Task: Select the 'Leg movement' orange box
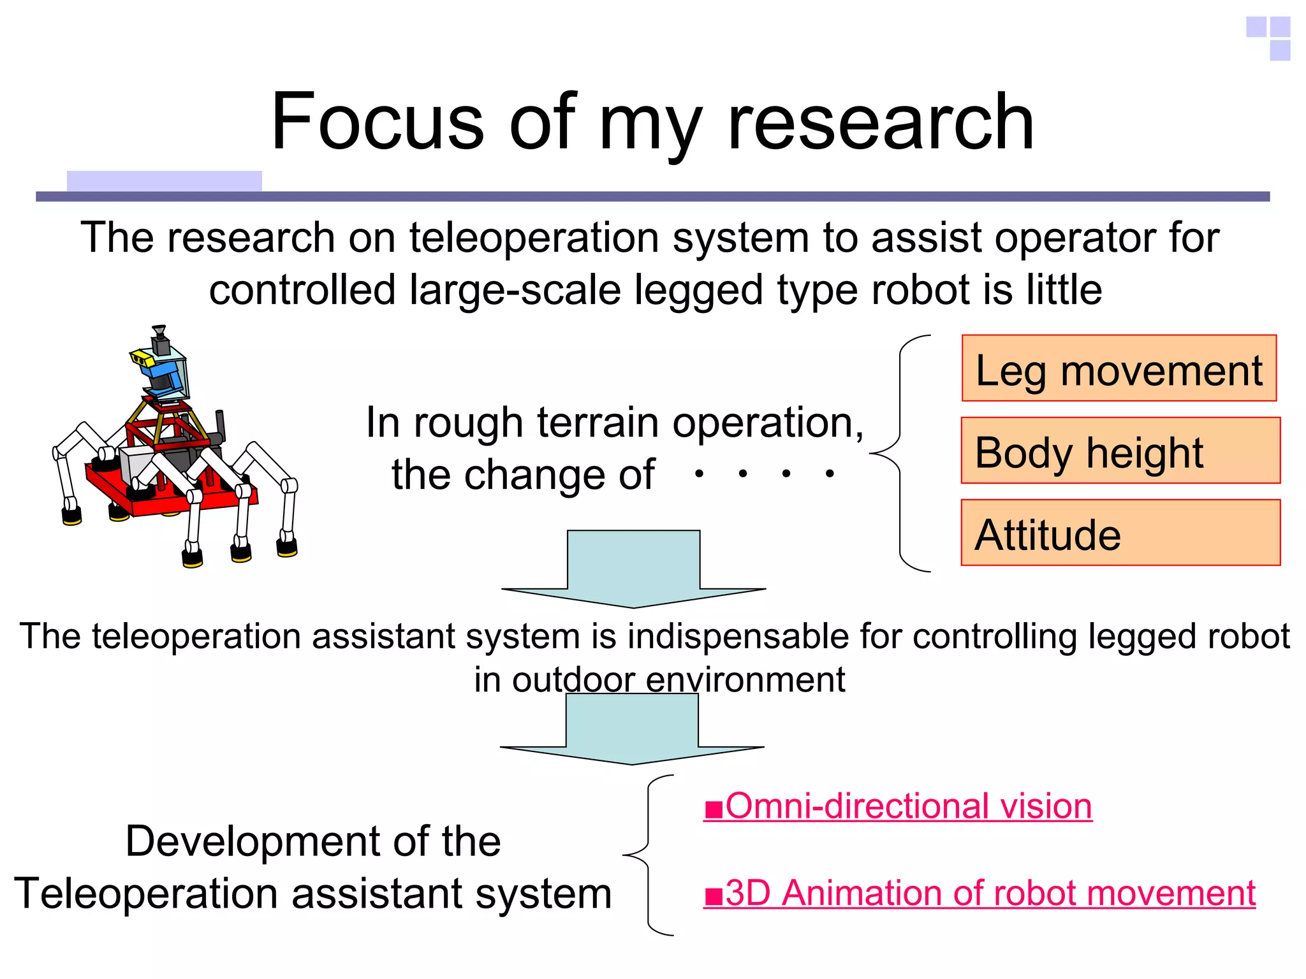pos(1119,368)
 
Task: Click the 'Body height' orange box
pos(1120,451)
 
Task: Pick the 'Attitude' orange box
pos(1120,533)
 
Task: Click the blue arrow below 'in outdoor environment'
pos(632,730)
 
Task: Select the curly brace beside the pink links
pos(647,854)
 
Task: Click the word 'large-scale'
pos(515,290)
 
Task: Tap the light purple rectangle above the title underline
pos(164,181)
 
